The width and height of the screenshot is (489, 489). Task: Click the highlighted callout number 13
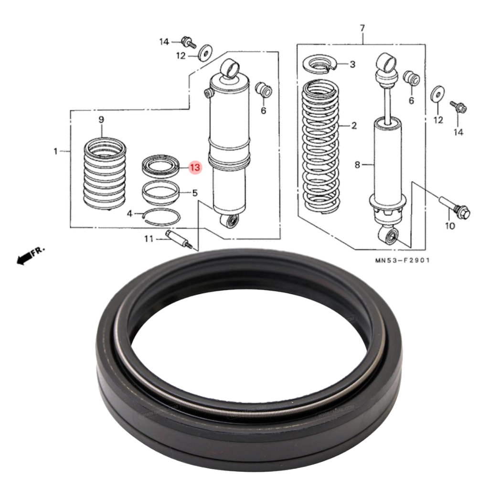(x=195, y=168)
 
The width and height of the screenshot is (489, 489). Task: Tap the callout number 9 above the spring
(x=101, y=119)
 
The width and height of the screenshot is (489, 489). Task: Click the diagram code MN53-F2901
(x=403, y=261)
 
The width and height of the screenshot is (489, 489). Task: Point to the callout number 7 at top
(x=362, y=28)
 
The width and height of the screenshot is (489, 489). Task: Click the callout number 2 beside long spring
(x=354, y=126)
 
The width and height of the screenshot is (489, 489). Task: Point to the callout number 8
(x=358, y=165)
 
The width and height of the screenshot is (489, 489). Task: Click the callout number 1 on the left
(x=55, y=151)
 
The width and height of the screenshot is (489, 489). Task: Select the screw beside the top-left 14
(x=188, y=42)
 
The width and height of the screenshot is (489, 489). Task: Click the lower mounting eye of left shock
(x=232, y=221)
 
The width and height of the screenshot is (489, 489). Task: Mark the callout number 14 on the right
(x=458, y=132)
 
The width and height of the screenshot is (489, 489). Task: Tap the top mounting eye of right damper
(x=386, y=60)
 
